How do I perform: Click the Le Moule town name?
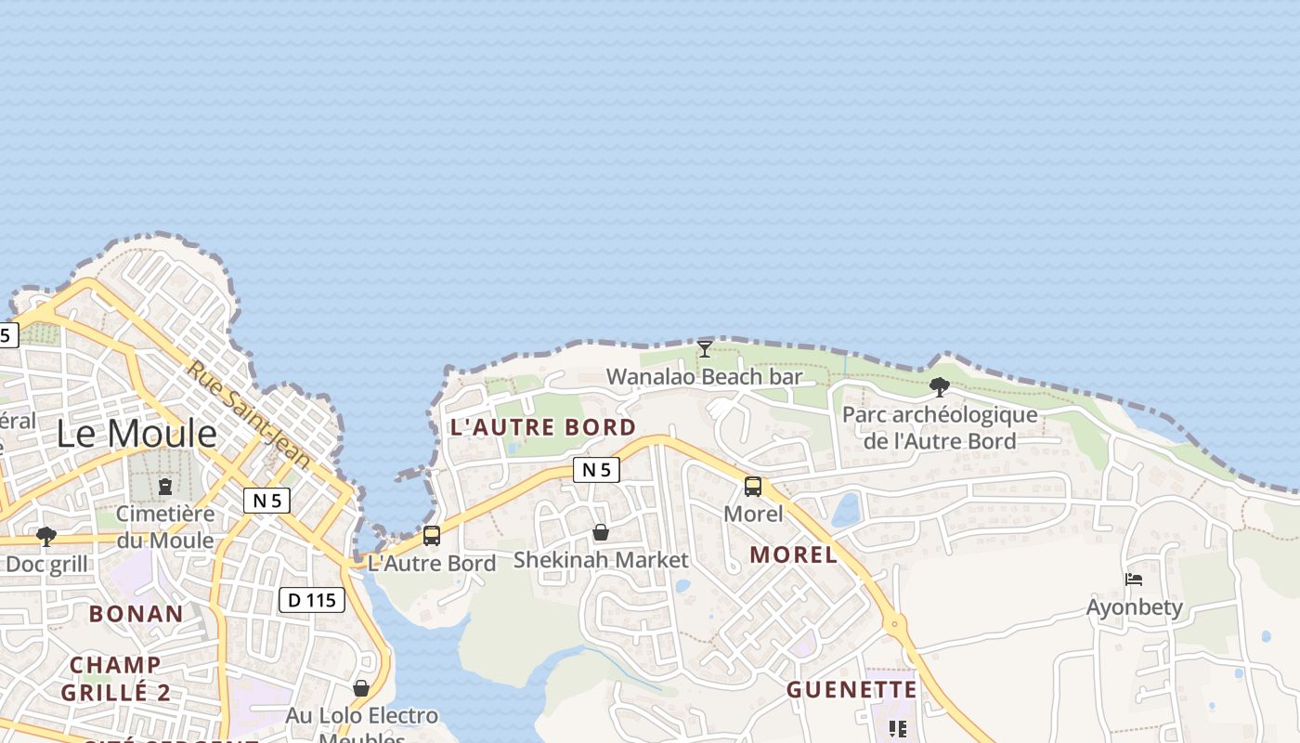136,434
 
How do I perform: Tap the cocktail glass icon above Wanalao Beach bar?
705,349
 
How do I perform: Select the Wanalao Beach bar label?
704,377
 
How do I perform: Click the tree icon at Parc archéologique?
939,387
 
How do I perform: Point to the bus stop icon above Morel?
753,486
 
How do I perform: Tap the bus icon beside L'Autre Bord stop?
432,536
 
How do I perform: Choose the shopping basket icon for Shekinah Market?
601,532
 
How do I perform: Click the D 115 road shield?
312,600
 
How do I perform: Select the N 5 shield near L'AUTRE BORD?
596,470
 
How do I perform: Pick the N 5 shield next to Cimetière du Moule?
266,501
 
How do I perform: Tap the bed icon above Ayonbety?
1134,580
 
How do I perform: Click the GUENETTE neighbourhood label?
851,690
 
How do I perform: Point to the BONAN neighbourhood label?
136,614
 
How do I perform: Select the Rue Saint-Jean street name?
249,413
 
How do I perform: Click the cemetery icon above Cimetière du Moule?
165,486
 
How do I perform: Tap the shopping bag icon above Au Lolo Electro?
361,688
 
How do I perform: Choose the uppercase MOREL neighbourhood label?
793,555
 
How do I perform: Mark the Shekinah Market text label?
601,560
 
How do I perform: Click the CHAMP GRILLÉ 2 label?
116,679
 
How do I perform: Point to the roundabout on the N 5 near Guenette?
895,624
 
